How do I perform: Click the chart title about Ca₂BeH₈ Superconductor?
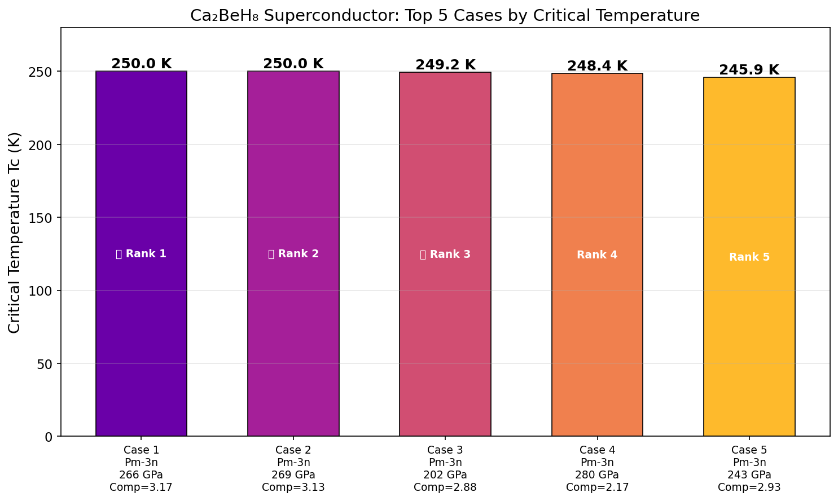coord(445,15)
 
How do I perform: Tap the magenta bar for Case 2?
coord(293,339)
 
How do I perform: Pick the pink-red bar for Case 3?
coord(445,339)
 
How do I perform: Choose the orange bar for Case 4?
coord(597,339)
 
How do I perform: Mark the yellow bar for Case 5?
coord(749,339)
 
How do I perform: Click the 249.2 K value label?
coord(445,65)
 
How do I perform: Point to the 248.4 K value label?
coord(597,66)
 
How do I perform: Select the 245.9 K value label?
coord(749,70)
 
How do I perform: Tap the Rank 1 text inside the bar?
coord(141,254)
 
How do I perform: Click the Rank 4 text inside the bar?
coord(597,255)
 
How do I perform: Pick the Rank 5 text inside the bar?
coord(749,257)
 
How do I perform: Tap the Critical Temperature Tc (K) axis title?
coord(15,232)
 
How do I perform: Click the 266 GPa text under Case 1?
coord(141,474)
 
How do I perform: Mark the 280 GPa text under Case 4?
coord(597,474)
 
